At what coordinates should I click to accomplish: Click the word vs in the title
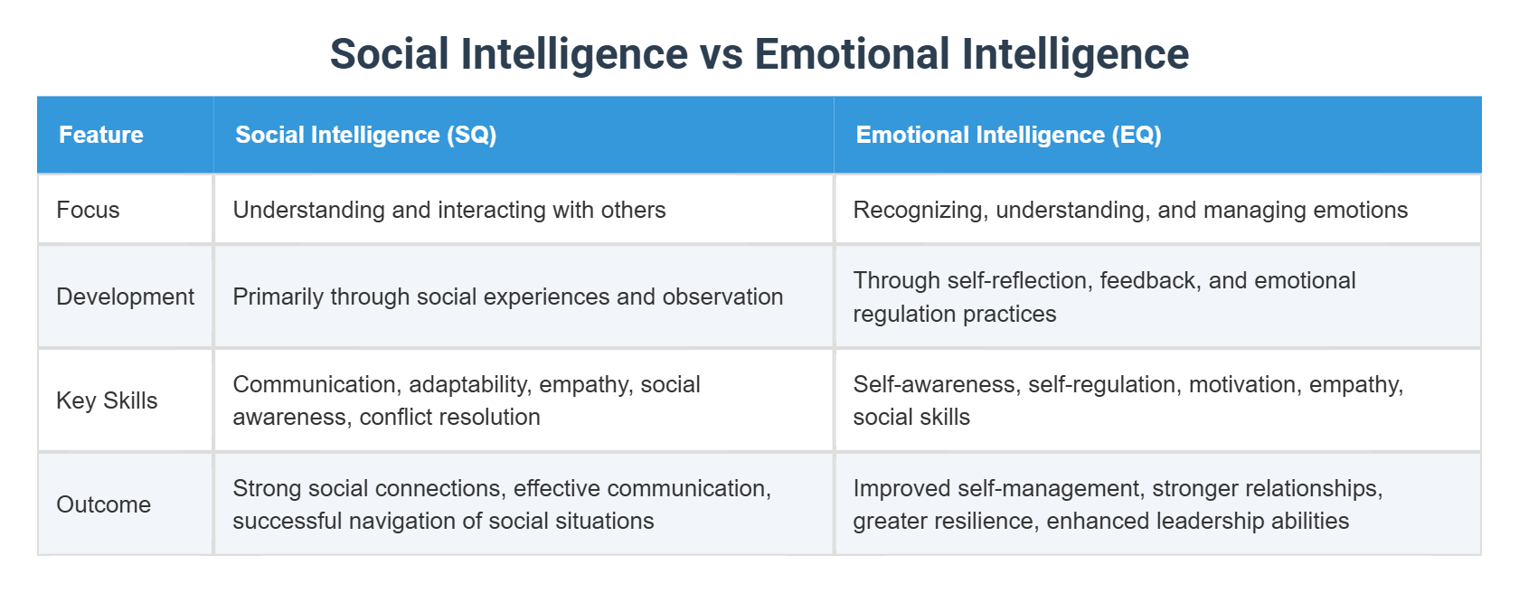click(x=721, y=54)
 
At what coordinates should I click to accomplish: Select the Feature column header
click(x=101, y=135)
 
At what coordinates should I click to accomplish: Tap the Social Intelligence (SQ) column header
click(x=365, y=135)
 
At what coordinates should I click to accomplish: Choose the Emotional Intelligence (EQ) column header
click(x=1008, y=135)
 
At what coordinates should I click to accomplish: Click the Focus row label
click(x=88, y=210)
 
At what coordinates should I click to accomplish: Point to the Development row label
click(x=125, y=296)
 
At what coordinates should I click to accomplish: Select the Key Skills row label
click(x=107, y=400)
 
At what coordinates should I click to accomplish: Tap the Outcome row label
click(x=103, y=504)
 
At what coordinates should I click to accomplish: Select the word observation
click(x=722, y=296)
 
